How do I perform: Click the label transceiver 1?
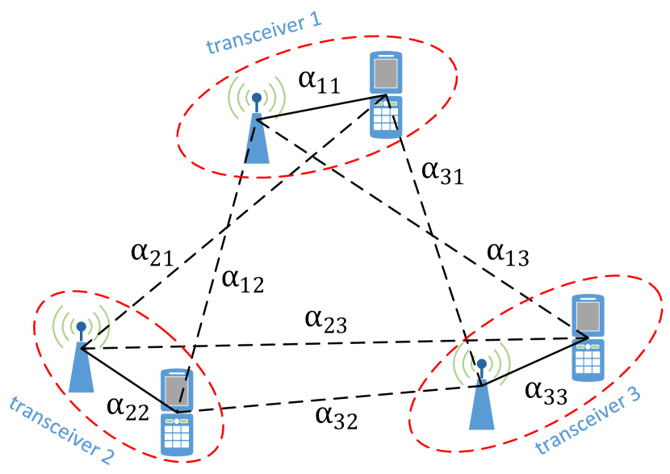coord(263,33)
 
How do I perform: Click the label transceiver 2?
coord(61,430)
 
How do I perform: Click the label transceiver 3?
coord(588,419)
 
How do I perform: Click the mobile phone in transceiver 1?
coord(386,95)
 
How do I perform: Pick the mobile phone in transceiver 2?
coord(177,413)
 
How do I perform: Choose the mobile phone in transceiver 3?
coord(588,338)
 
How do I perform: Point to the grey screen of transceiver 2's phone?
coord(177,392)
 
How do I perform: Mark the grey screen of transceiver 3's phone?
coord(588,317)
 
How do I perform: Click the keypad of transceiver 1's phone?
coord(386,118)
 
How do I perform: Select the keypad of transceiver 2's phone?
coord(177,434)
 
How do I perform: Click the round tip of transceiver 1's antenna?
coord(257,99)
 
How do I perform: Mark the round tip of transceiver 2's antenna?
coord(81,327)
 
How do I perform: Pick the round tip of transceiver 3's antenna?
coord(481,364)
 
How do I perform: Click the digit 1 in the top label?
coord(313,21)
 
